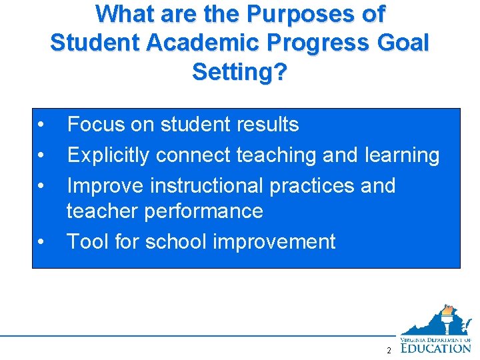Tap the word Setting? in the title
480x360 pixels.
tap(240, 71)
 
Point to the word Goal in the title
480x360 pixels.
tap(402, 42)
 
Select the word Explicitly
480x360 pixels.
tap(109, 155)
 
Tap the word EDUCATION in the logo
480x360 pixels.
tap(437, 347)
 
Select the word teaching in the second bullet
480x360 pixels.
tap(277, 155)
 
